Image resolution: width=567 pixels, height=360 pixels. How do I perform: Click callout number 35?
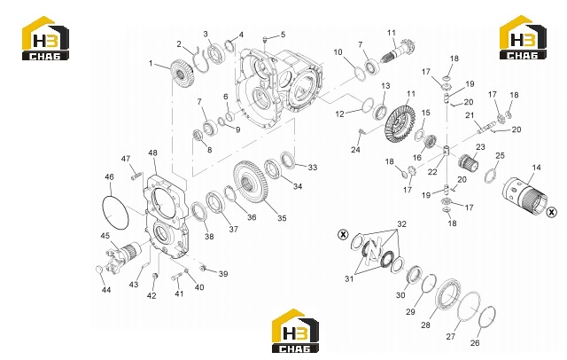tap(282, 218)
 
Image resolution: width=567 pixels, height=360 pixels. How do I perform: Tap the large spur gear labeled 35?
tap(251, 183)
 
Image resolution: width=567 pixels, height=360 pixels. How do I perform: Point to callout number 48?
tap(153, 153)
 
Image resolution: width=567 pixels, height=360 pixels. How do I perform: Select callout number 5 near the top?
tap(283, 35)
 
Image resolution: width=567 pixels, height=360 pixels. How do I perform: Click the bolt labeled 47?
tap(136, 176)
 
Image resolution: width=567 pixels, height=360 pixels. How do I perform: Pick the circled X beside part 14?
tap(551, 213)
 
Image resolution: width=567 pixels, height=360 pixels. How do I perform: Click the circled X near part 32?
tap(343, 235)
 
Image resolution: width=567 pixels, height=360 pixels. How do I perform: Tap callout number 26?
tap(475, 342)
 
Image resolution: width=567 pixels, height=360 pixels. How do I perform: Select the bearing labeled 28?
tap(447, 293)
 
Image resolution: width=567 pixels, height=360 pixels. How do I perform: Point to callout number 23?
tap(480, 147)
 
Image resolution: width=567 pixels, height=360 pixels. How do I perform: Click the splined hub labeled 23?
tap(469, 162)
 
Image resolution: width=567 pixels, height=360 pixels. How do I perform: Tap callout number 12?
tap(339, 114)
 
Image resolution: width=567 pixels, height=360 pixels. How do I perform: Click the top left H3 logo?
tap(45, 37)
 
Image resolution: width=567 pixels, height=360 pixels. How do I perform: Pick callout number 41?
tap(179, 293)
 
